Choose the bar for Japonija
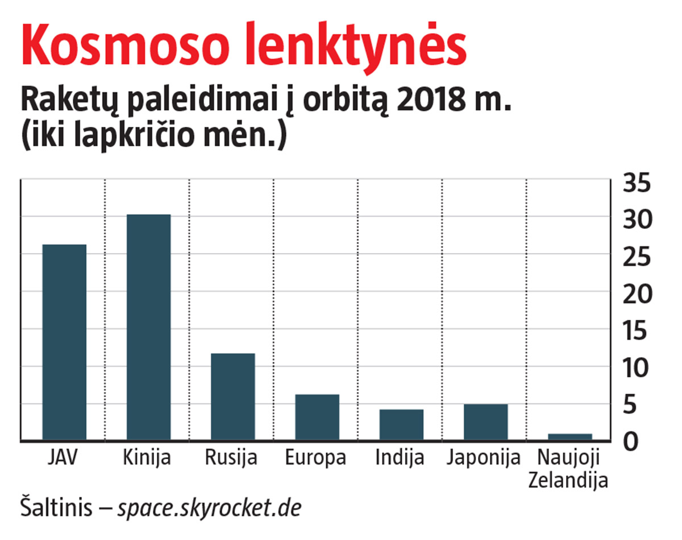coord(485,422)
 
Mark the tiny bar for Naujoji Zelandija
coord(569,436)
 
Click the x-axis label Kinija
coord(147,458)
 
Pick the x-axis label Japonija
coord(484,458)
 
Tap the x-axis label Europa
coord(316,458)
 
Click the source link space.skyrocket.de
coord(209,508)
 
